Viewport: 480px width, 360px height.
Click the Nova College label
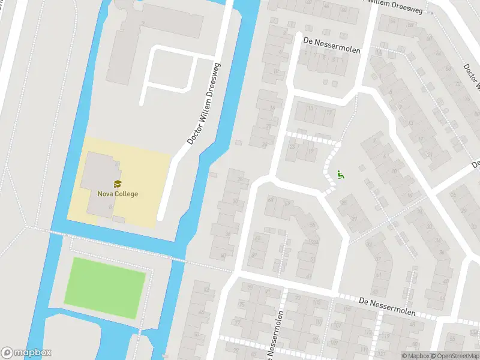pos(118,194)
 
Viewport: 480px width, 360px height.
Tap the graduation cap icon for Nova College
pos(118,184)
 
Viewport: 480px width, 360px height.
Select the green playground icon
pos(340,175)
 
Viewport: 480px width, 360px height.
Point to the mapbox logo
pos(26,353)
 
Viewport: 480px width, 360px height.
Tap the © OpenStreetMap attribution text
pos(457,356)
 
